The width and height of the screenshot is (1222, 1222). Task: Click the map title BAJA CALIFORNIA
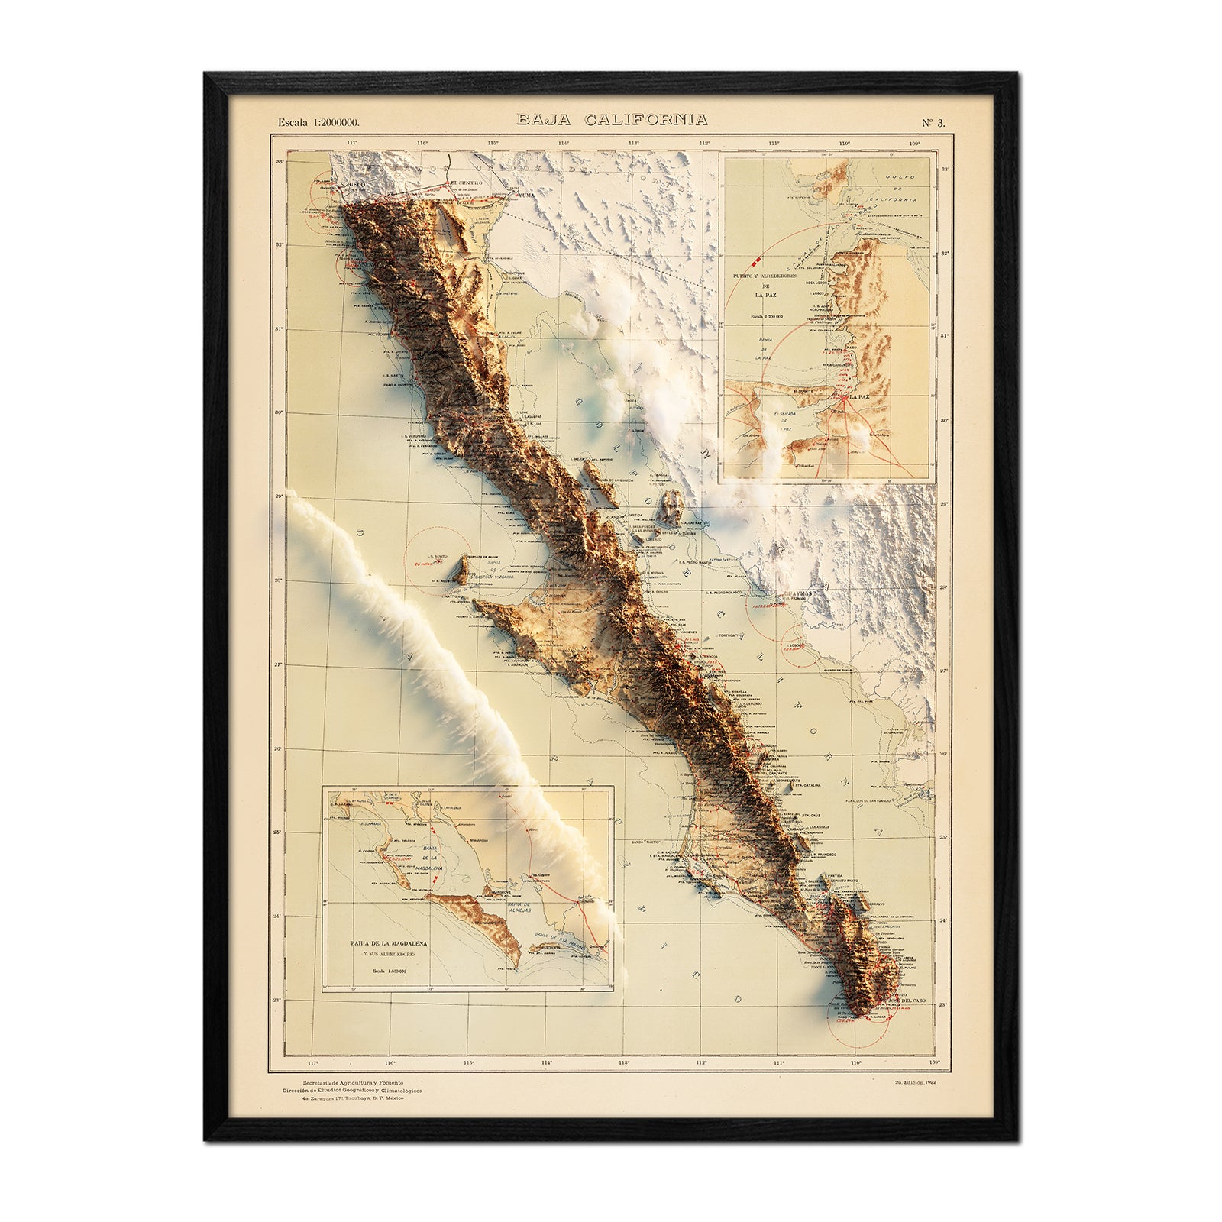click(611, 120)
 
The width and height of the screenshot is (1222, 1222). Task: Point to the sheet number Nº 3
click(933, 121)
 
